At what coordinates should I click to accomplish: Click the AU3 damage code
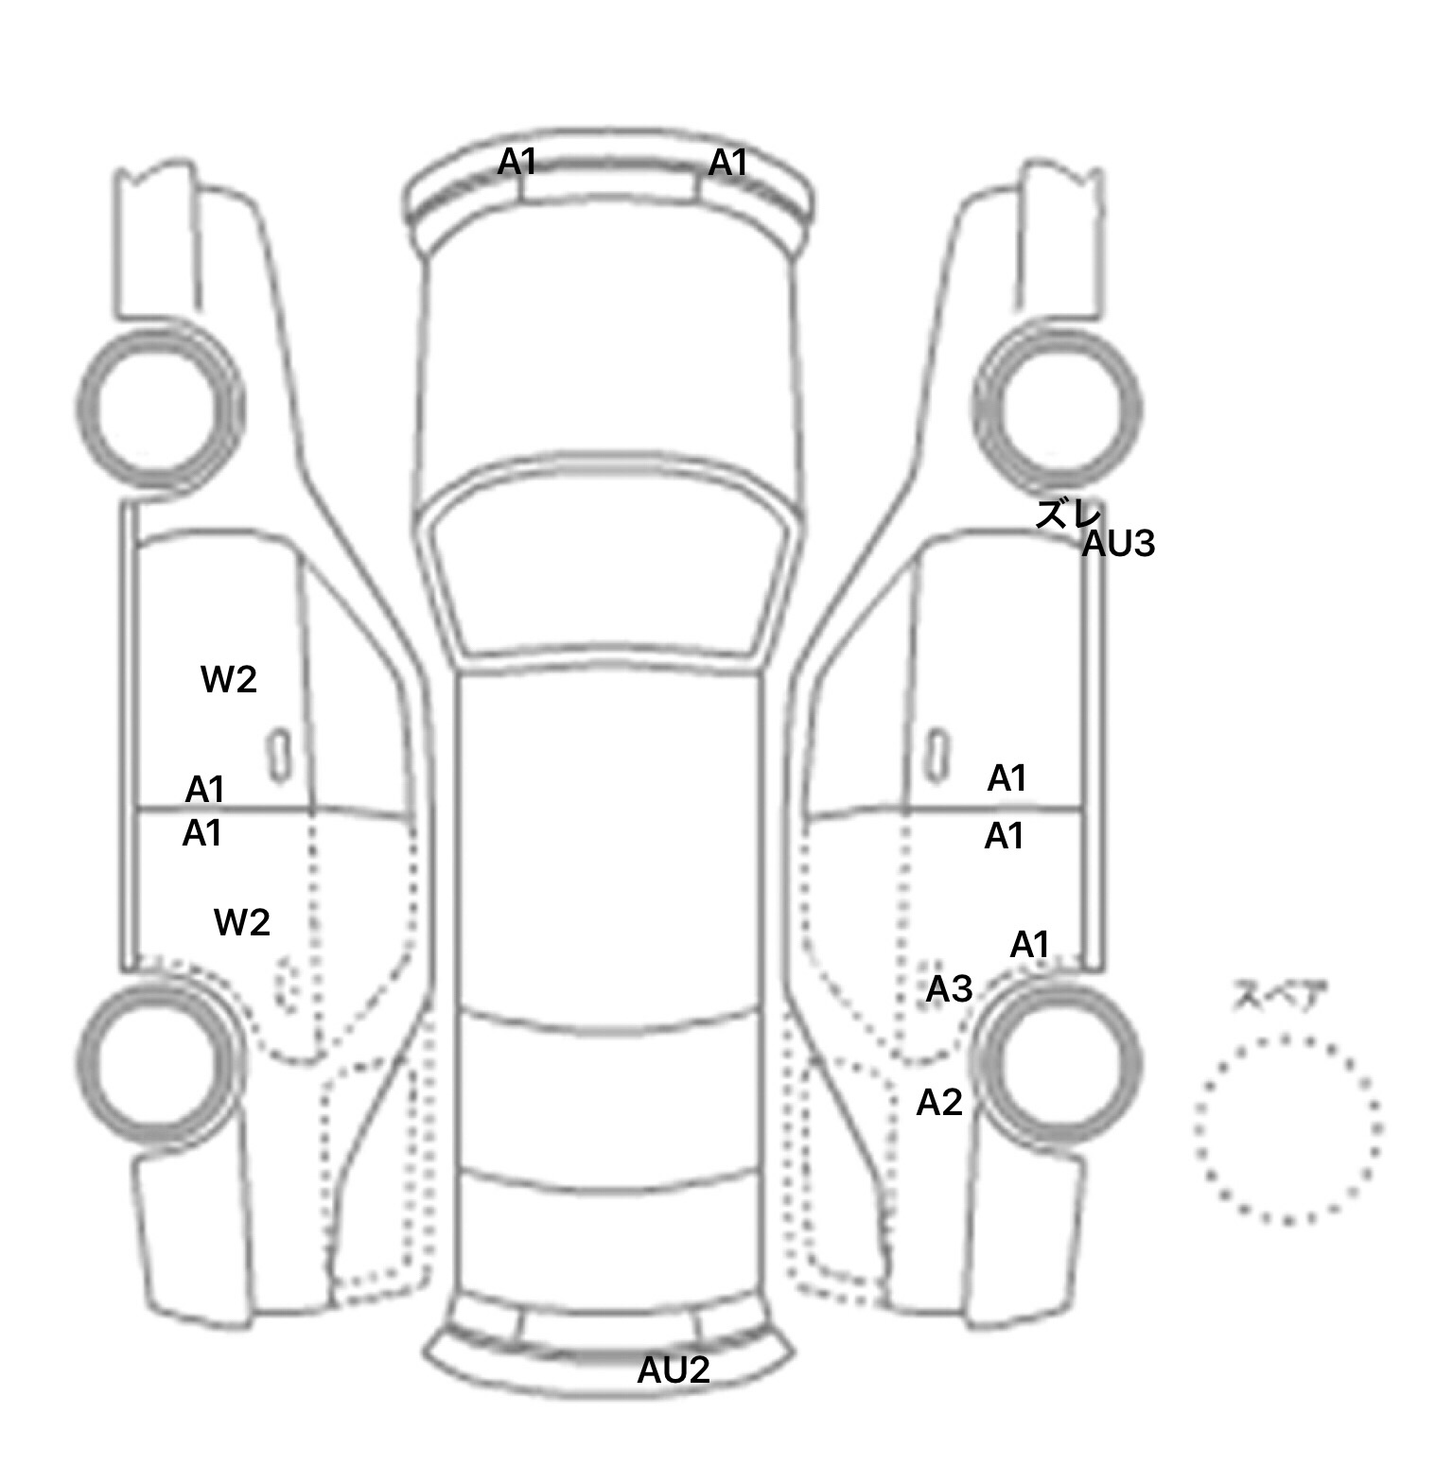[1118, 544]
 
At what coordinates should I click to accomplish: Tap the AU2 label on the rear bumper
[674, 1370]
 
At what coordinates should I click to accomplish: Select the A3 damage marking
[949, 989]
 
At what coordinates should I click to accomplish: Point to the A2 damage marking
[939, 1102]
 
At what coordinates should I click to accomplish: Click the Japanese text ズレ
[1068, 514]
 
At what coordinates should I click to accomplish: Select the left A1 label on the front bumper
[517, 163]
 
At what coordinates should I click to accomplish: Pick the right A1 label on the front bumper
[727, 164]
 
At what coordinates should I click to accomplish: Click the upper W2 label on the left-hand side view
[229, 679]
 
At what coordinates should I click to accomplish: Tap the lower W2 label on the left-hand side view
[242, 922]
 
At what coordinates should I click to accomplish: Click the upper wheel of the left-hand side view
[159, 408]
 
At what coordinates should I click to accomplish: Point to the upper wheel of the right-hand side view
[1058, 408]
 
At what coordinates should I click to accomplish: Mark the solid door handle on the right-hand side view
[937, 756]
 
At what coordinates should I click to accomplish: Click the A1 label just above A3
[1030, 945]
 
